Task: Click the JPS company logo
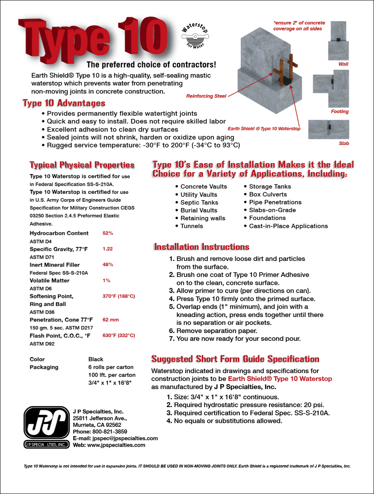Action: tap(46, 427)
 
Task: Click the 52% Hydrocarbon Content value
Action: tap(108, 233)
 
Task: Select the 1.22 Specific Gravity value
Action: tap(108, 249)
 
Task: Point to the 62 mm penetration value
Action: tap(110, 319)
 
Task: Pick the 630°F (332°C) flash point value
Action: tap(119, 336)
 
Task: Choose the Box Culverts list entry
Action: tap(268, 194)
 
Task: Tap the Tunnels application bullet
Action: tap(192, 226)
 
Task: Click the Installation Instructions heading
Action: tap(201, 247)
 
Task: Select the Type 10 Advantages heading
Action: tap(64, 103)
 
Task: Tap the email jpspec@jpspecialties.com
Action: tap(125, 438)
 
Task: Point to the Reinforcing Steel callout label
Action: tap(206, 96)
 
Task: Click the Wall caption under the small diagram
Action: tap(343, 65)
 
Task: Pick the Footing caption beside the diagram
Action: tap(340, 112)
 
